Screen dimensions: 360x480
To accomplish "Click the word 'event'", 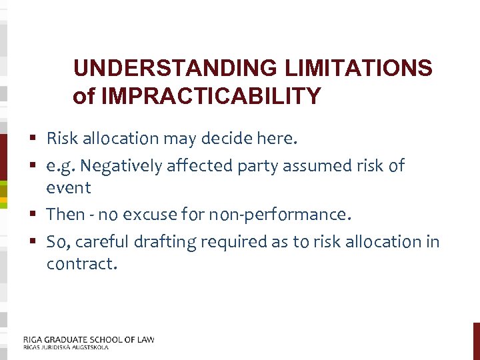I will pos(69,188).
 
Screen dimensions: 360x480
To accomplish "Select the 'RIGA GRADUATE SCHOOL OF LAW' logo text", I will pos(89,339).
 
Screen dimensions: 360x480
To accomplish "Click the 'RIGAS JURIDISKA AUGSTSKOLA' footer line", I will pos(65,347).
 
